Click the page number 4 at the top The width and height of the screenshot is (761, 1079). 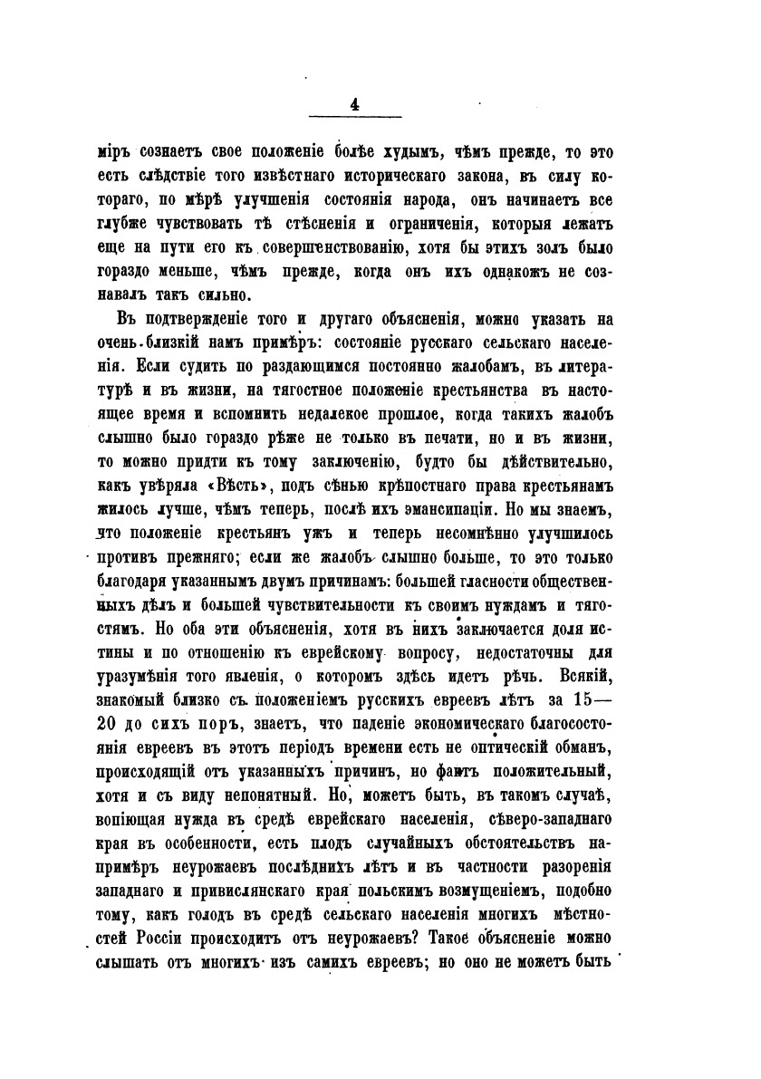coord(353,104)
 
